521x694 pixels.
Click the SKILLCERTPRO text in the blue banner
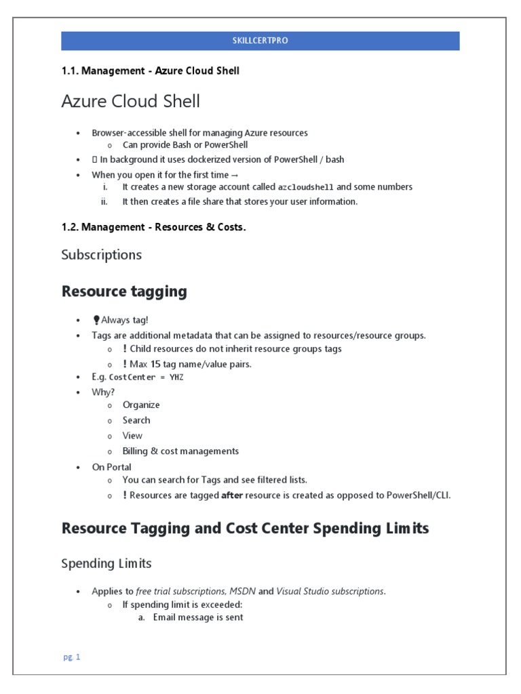click(x=260, y=41)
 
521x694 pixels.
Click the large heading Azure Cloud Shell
click(x=130, y=102)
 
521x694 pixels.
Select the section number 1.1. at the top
click(x=71, y=71)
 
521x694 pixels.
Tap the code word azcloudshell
click(x=306, y=187)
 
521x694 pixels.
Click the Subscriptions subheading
click(x=101, y=255)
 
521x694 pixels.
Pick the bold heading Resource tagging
click(x=123, y=291)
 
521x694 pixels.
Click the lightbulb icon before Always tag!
click(x=96, y=321)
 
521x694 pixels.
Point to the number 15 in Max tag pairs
click(x=155, y=364)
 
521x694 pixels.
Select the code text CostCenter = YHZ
click(x=146, y=377)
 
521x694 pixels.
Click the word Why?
click(x=103, y=392)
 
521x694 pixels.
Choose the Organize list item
click(x=141, y=405)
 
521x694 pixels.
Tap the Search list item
click(x=136, y=420)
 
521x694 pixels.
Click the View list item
click(x=132, y=436)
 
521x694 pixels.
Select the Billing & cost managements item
click(x=180, y=451)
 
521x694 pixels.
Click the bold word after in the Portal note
click(x=232, y=495)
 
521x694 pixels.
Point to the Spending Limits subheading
click(x=107, y=564)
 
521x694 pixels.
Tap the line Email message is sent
click(x=198, y=617)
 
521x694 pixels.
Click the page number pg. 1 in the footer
click(x=71, y=657)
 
